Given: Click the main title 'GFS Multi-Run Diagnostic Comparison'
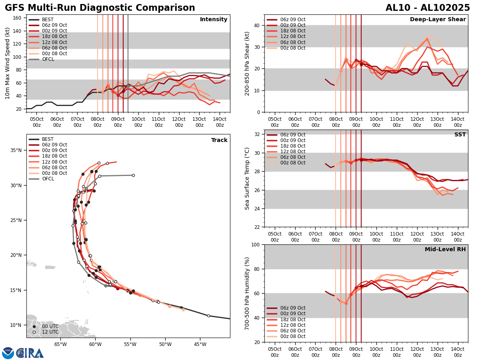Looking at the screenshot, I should pyautogui.click(x=100, y=8).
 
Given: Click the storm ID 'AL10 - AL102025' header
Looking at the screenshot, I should pyautogui.click(x=428, y=8).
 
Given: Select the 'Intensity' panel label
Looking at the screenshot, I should pyautogui.click(x=214, y=20).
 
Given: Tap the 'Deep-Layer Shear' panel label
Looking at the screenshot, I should pyautogui.click(x=438, y=20).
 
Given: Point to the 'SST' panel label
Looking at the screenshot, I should pyautogui.click(x=460, y=135).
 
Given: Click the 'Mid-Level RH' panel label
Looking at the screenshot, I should pyautogui.click(x=445, y=250).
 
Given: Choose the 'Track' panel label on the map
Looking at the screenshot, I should pyautogui.click(x=219, y=140).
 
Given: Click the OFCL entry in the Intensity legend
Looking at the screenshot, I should pyautogui.click(x=48, y=59).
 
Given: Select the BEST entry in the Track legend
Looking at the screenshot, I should pyautogui.click(x=48, y=139).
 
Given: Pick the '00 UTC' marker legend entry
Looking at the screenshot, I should pyautogui.click(x=50, y=326).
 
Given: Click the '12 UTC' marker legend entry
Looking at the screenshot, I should pyautogui.click(x=50, y=332).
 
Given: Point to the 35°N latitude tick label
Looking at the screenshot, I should pyautogui.click(x=16, y=150).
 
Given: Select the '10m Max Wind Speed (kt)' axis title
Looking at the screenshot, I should pyautogui.click(x=8, y=63).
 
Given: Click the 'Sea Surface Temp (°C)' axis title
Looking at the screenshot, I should pyautogui.click(x=247, y=178).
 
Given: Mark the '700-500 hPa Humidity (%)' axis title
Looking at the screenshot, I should pyautogui.click(x=247, y=293).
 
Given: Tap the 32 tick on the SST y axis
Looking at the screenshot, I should pyautogui.click(x=258, y=134).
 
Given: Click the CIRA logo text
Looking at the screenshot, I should pyautogui.click(x=30, y=353).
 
